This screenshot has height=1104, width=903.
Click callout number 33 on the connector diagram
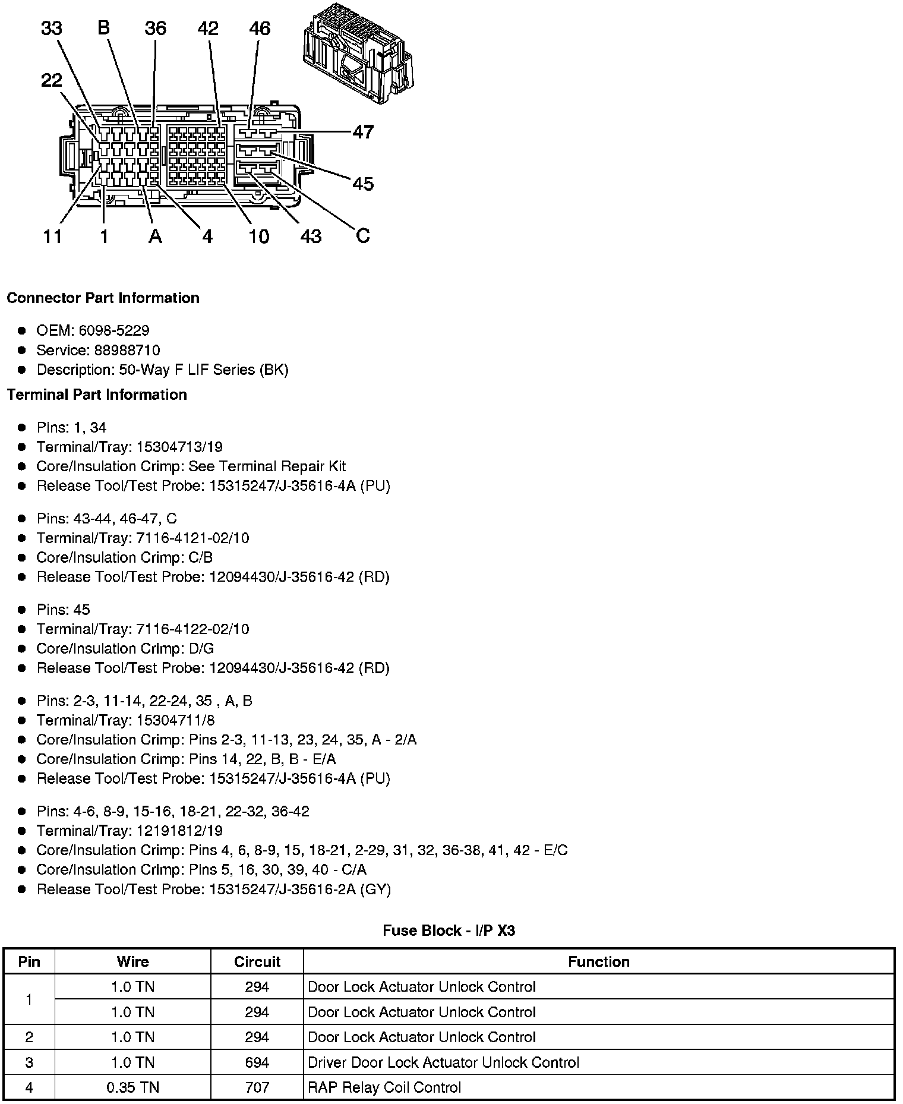(x=52, y=28)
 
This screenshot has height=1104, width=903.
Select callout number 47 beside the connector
(x=363, y=131)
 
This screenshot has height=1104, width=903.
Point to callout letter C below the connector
(x=363, y=236)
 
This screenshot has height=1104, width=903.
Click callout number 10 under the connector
(x=258, y=236)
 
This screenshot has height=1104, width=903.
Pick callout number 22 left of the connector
(x=52, y=80)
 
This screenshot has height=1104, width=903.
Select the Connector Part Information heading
(x=103, y=298)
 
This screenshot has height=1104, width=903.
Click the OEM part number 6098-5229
(x=114, y=330)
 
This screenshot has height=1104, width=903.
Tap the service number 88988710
(x=127, y=350)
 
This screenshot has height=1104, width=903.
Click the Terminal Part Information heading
(x=97, y=395)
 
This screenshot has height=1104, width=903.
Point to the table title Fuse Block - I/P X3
(x=449, y=930)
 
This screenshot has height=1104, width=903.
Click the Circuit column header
(x=257, y=961)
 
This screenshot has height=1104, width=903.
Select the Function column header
(x=598, y=961)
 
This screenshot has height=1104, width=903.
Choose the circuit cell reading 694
(x=257, y=1062)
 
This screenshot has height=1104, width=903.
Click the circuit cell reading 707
(x=257, y=1087)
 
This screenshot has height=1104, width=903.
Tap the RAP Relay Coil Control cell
(x=384, y=1087)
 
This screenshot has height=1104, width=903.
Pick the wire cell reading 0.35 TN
(x=132, y=1087)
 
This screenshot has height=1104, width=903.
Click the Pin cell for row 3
(x=29, y=1062)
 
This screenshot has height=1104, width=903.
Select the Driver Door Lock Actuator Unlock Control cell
(x=443, y=1062)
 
